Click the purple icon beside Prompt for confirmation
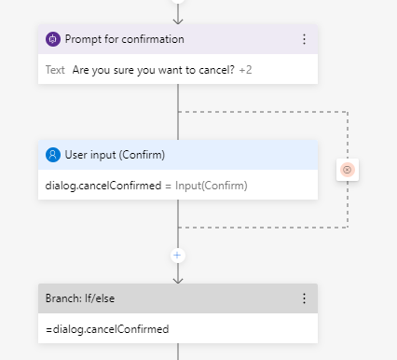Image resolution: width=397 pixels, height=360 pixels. [53, 39]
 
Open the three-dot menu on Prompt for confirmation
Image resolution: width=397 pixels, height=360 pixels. [304, 39]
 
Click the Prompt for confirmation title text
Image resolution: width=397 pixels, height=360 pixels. [124, 39]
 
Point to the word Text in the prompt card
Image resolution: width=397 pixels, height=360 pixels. [55, 69]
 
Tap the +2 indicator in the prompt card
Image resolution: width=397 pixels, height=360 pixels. [246, 69]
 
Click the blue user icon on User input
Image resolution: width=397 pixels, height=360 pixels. [53, 155]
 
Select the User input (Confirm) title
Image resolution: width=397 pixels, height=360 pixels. [116, 155]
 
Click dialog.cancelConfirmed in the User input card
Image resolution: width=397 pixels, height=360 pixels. [103, 185]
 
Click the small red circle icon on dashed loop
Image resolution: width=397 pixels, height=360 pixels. [347, 169]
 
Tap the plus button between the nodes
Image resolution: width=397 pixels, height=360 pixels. [178, 254]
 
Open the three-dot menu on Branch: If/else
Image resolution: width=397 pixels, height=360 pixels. [304, 298]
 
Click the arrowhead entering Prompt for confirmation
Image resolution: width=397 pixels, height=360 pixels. [178, 20]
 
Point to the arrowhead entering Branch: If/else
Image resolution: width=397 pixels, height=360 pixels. [178, 278]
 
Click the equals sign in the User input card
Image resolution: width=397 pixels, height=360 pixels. [169, 185]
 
